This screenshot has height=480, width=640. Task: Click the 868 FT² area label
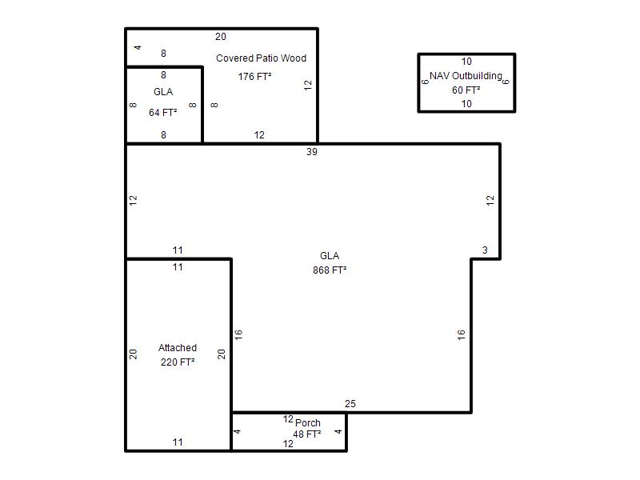pos(330,270)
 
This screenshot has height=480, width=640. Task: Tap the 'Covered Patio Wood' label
pos(262,58)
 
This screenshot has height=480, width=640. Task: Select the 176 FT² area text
pos(254,77)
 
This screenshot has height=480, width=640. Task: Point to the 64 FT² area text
pos(163,113)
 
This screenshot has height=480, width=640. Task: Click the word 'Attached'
pos(178,348)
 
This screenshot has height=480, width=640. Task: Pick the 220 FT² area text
pos(178,362)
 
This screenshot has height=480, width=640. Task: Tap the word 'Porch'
pos(308,423)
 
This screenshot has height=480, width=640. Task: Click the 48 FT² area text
pos(307,434)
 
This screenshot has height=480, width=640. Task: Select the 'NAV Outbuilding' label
pos(466,76)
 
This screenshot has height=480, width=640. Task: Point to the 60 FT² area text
pos(466,90)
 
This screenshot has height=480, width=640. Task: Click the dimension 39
pos(312,152)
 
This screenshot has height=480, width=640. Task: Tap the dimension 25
pos(350,404)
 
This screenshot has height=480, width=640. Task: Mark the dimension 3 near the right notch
pos(485,250)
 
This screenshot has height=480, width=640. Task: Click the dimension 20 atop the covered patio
pos(221,37)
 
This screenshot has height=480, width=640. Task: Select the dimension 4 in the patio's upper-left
pos(138,48)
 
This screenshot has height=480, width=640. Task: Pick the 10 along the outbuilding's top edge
pos(466,62)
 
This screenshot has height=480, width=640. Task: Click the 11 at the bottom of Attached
pos(178,442)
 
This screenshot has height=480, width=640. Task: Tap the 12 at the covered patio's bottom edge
pos(259,135)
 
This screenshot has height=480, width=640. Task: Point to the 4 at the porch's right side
pos(338,431)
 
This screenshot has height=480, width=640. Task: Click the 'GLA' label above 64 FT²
pos(163,92)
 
